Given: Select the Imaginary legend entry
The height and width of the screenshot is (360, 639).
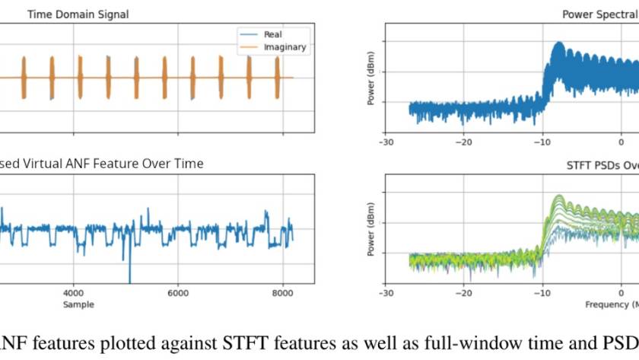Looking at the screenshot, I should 285,47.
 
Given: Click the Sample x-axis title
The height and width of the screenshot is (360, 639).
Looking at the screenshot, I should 78,304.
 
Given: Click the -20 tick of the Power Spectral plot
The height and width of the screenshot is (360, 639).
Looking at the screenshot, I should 463,142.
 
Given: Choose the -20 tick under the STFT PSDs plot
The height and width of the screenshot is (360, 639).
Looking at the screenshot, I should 463,293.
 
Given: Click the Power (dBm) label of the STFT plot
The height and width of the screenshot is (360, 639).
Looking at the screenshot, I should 372,228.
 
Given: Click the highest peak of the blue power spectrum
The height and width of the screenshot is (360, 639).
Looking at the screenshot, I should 559,43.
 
